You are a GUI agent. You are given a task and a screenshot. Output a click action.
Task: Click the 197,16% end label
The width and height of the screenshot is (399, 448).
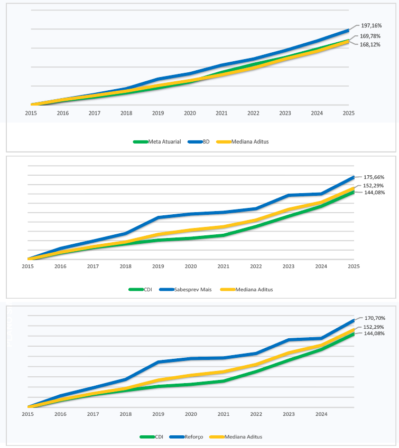click(371, 25)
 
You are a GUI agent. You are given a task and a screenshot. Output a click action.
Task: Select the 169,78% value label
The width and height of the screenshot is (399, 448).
click(371, 36)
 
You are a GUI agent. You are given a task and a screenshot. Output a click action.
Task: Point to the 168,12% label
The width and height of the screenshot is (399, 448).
click(371, 45)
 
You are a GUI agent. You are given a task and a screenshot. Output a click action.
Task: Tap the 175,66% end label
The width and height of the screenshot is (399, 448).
click(374, 177)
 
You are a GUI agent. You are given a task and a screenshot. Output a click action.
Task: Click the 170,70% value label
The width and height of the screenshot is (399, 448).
click(375, 318)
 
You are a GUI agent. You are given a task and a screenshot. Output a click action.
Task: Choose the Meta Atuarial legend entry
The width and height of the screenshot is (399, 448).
click(164, 141)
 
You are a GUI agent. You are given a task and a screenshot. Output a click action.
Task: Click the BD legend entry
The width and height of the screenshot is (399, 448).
click(206, 141)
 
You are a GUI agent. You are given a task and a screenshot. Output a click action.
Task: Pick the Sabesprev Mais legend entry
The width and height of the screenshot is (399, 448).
click(193, 289)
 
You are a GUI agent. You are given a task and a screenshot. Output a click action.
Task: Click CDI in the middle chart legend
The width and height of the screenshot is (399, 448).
click(147, 289)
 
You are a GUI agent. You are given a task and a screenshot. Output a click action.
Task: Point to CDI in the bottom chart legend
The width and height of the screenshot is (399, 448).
click(158, 437)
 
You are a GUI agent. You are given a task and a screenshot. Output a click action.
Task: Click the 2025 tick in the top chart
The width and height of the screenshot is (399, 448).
click(348, 113)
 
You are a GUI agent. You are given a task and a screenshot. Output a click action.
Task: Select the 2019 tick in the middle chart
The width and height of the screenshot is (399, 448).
click(158, 266)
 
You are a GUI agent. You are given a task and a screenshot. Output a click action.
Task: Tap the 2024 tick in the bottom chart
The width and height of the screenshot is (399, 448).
click(321, 415)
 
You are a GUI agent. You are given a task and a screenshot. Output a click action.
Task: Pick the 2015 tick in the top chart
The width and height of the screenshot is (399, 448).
click(31, 113)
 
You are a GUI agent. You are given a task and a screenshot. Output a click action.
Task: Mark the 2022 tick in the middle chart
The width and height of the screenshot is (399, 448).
click(256, 266)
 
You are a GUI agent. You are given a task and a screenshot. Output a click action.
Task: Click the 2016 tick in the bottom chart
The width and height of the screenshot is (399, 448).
click(60, 415)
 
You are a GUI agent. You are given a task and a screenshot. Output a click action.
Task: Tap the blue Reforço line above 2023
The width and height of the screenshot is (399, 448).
click(289, 340)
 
